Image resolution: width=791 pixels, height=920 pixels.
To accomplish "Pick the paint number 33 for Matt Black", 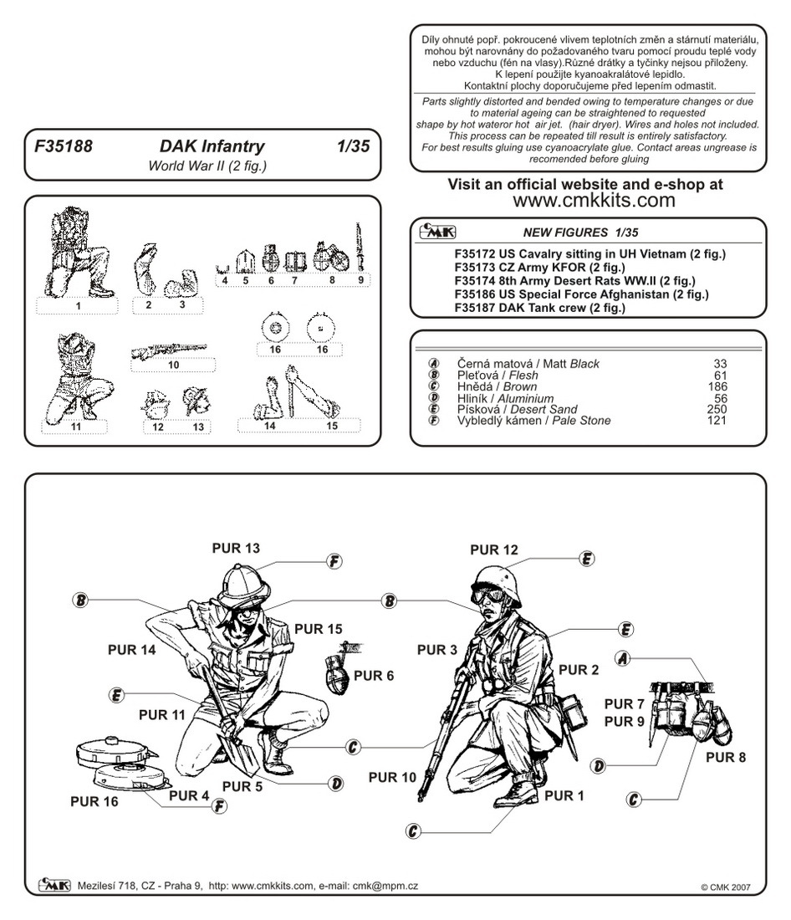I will point(720,364).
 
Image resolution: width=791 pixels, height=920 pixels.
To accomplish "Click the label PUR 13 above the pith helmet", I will point(236,549).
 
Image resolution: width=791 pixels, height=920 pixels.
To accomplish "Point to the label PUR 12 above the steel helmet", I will point(494,549).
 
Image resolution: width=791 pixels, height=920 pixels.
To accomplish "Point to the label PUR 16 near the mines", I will point(94,801).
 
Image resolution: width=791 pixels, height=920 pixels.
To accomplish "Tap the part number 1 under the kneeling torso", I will point(78,306).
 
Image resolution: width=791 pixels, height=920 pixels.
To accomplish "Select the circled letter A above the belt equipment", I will point(621,658).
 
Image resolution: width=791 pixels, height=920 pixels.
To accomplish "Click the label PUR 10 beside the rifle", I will point(392,778).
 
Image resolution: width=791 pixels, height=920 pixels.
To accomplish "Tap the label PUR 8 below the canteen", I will point(726,758).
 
